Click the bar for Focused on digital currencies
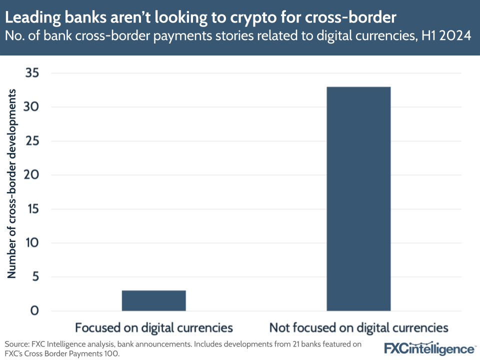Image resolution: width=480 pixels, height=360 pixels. click(153, 300)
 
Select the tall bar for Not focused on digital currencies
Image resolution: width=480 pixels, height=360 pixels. click(358, 199)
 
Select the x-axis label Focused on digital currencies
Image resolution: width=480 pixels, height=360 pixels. click(153, 328)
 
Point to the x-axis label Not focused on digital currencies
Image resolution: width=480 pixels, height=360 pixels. click(358, 328)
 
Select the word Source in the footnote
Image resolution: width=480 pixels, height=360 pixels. click(16, 344)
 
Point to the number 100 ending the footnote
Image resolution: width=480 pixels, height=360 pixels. click(112, 353)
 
